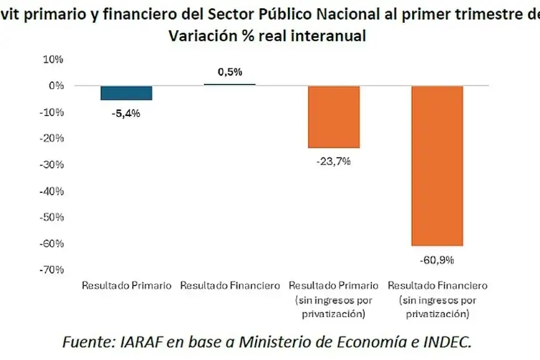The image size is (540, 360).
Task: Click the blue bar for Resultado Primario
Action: [127, 93]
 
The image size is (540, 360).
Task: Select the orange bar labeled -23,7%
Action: [334, 117]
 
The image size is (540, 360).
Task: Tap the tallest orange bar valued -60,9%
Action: [438, 166]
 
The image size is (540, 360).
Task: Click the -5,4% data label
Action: [126, 114]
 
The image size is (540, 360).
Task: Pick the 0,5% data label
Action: [230, 71]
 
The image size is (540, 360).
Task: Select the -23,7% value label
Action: [333, 161]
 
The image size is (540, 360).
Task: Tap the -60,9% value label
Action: [437, 260]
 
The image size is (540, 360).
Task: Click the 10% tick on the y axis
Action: [53, 59]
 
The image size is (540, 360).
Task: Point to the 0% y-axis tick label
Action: [56, 86]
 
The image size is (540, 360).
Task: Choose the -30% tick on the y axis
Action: [52, 164]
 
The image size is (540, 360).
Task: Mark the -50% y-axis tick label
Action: [52, 217]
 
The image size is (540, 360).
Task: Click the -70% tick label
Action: [52, 270]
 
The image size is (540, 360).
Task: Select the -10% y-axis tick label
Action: [52, 112]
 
